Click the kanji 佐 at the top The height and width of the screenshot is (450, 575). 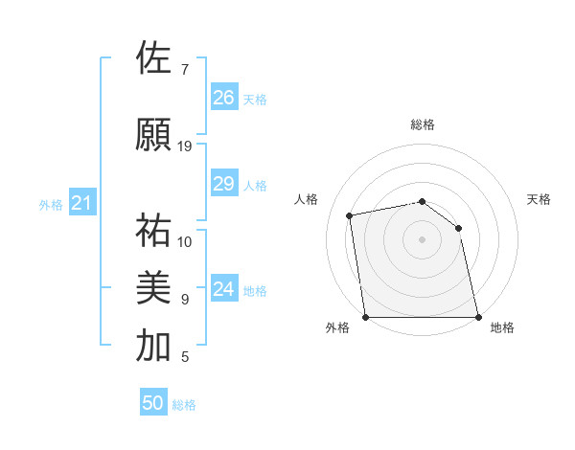[x=153, y=58]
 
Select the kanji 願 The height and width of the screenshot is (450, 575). [x=153, y=134]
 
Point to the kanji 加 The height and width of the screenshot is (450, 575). [x=153, y=346]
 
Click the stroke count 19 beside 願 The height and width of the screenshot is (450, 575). [x=185, y=146]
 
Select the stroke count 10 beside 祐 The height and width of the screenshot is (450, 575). [x=185, y=241]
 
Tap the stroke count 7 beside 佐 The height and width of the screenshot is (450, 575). [x=185, y=70]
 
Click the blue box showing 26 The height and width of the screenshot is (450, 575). [x=224, y=98]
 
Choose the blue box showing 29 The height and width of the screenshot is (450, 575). [x=224, y=184]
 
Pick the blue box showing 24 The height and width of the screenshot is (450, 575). [x=224, y=289]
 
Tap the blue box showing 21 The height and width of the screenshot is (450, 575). [x=81, y=203]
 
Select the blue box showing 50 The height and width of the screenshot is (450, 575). [x=153, y=403]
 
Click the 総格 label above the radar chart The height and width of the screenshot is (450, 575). [x=422, y=124]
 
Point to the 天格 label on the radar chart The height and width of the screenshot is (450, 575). [x=539, y=199]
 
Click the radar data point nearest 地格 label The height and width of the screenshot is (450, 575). [x=477, y=316]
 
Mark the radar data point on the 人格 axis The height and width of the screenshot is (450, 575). [x=351, y=216]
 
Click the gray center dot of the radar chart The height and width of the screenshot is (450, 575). [x=422, y=239]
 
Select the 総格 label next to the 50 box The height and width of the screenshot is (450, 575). [x=184, y=405]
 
